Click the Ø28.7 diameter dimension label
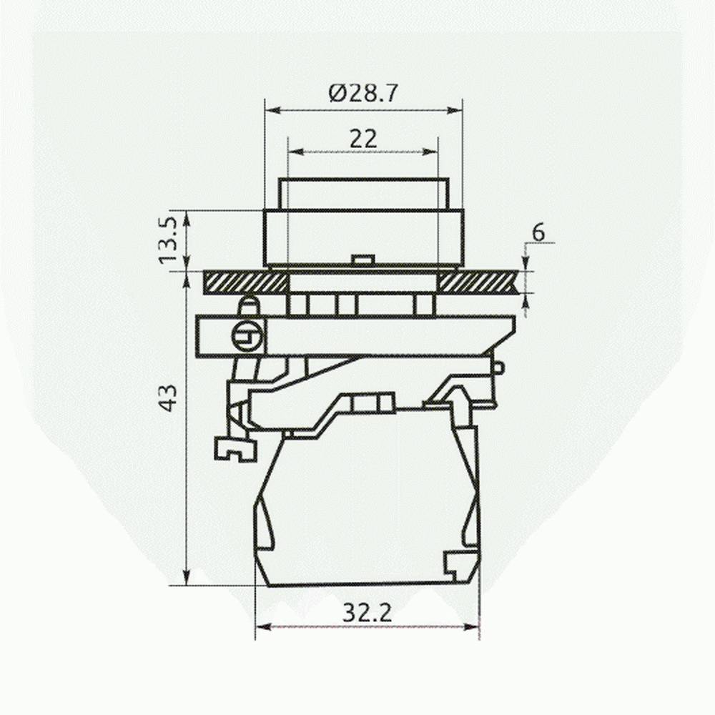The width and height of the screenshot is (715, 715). point(363,94)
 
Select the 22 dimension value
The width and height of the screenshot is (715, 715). point(363,139)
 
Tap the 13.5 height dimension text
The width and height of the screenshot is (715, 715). point(169,240)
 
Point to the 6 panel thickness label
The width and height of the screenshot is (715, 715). point(538,233)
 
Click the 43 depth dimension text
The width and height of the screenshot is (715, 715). point(169,398)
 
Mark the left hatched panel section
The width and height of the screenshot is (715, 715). point(245,282)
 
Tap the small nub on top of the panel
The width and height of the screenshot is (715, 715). point(363,260)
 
